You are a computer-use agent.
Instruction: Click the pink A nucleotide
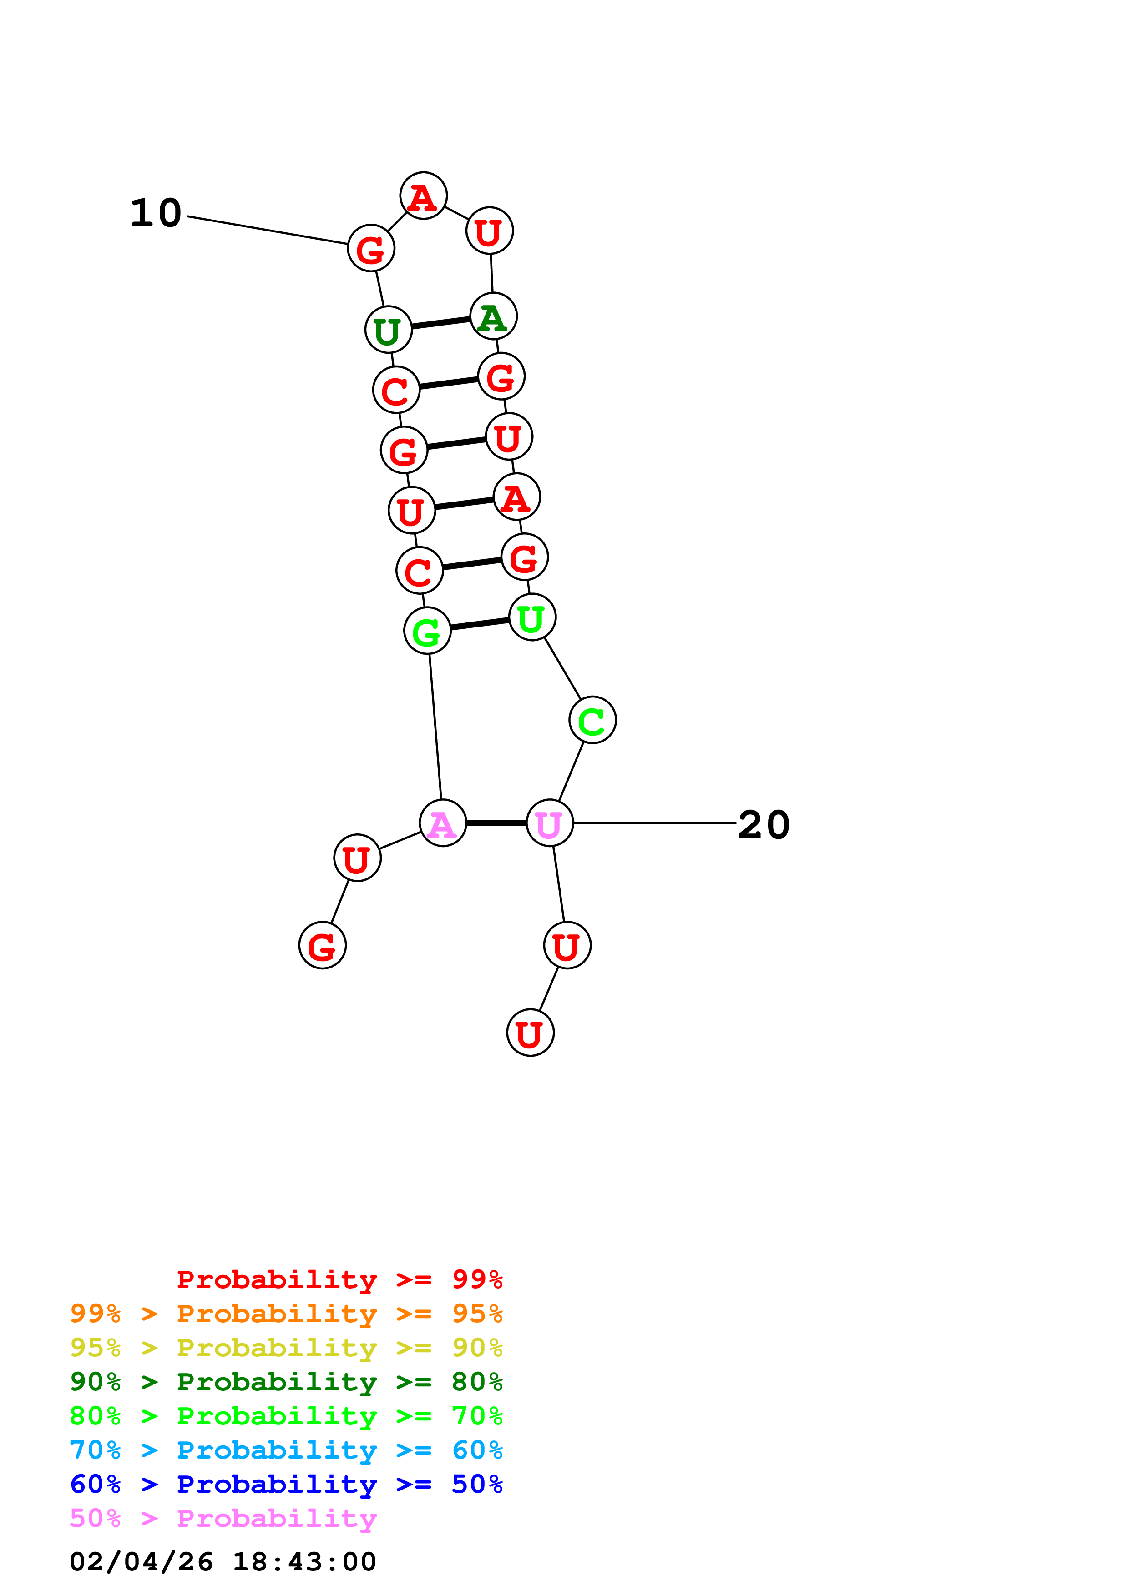[443, 823]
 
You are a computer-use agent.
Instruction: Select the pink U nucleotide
[550, 823]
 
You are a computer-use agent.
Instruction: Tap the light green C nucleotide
[592, 720]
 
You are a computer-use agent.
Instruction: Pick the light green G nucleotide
[427, 630]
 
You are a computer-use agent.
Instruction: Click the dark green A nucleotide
[493, 317]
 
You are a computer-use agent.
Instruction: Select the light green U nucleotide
[531, 617]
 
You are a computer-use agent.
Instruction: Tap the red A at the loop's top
[423, 196]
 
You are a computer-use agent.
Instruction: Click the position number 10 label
[156, 213]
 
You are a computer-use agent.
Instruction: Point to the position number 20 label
[763, 825]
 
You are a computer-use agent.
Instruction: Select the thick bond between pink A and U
[496, 823]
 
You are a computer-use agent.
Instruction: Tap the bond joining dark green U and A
[440, 323]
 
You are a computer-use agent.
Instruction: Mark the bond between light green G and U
[480, 624]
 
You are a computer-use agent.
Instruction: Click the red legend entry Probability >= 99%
[339, 1279]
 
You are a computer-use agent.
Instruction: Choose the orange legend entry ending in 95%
[286, 1314]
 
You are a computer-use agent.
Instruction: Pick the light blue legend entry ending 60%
[286, 1450]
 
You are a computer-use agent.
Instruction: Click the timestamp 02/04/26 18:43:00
[223, 1562]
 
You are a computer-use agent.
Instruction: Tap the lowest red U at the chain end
[530, 1033]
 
